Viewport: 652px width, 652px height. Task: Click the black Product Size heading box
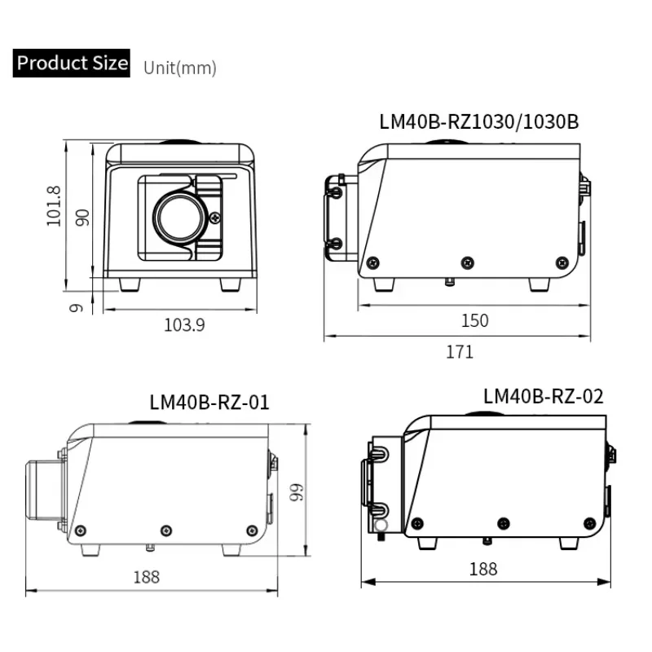(x=72, y=64)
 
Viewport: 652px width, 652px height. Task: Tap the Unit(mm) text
(x=180, y=68)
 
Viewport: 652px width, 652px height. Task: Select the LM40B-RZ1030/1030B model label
(x=479, y=121)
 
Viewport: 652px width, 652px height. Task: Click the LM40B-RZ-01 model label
(x=209, y=402)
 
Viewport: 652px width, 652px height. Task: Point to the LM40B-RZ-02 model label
(x=543, y=396)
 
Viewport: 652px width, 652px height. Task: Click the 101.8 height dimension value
(x=54, y=206)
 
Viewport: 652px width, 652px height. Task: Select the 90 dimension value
(x=82, y=218)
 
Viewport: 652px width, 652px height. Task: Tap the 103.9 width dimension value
(x=185, y=325)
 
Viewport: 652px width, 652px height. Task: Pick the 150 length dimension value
(x=475, y=320)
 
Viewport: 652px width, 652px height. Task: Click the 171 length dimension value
(x=460, y=352)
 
